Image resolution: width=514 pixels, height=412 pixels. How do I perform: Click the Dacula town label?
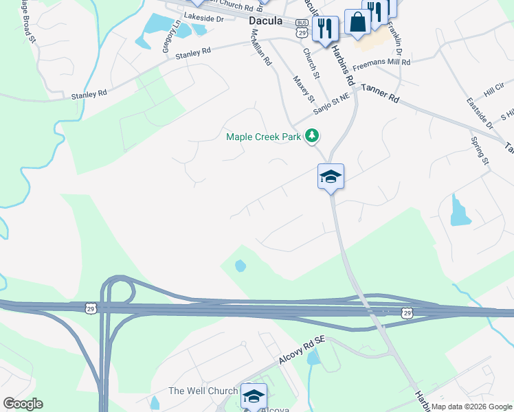265,21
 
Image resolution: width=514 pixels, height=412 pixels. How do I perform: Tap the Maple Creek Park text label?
264,137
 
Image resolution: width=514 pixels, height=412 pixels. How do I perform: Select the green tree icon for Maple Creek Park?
313,135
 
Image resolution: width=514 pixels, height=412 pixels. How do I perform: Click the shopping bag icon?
357,23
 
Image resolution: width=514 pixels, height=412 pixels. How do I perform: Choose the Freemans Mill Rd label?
381,63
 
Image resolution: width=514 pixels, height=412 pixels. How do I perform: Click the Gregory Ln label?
170,36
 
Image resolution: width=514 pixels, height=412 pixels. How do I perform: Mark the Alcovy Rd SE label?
301,350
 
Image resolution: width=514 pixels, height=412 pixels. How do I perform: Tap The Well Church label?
202,391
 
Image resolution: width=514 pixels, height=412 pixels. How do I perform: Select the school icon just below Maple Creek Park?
330,176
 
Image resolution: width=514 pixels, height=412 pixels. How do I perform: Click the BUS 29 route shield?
301,30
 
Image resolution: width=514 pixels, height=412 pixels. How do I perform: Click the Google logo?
23,404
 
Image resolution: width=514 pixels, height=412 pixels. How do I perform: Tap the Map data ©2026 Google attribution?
472,407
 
